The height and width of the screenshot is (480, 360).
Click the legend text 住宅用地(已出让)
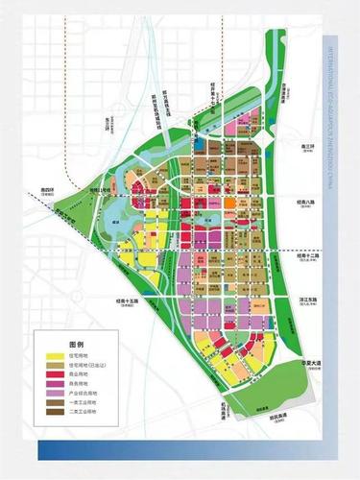pos(88,368)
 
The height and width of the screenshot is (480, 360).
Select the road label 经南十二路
pos(308,256)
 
